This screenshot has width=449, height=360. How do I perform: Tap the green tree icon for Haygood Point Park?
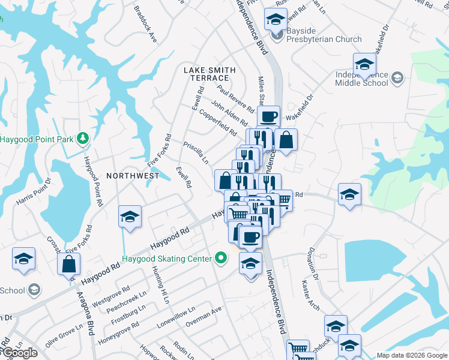click(82, 139)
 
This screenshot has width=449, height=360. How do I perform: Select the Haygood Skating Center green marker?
click(221, 259)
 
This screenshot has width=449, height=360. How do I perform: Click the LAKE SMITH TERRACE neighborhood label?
click(206, 74)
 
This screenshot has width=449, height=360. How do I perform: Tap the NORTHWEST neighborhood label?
click(133, 176)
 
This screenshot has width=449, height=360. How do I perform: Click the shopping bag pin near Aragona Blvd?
click(69, 263)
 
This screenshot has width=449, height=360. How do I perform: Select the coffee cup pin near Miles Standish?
click(268, 115)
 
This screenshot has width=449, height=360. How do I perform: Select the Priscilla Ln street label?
click(196, 152)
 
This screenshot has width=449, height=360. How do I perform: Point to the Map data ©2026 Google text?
click(411, 355)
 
